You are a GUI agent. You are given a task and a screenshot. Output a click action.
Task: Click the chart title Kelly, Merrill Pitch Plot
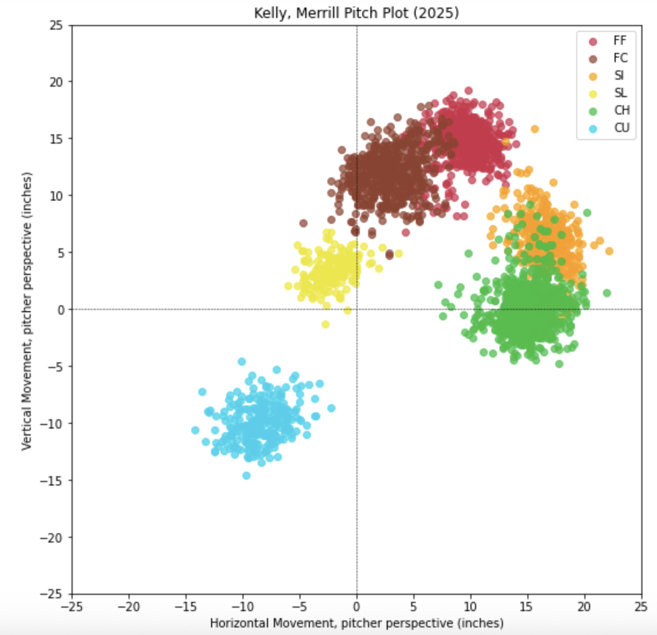coord(356,12)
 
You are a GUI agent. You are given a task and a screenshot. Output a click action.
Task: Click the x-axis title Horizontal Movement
coord(356,623)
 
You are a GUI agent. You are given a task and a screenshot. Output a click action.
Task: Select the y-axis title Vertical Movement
coord(26,310)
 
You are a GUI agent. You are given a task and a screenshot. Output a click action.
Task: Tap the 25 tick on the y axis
coord(57,25)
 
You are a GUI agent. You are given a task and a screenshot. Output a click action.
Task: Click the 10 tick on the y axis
coord(57,196)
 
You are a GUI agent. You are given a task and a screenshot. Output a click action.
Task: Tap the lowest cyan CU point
coord(247,475)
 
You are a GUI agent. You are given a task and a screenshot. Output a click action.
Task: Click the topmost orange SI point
coord(535,129)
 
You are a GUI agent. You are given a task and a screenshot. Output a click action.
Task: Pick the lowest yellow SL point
coord(325,324)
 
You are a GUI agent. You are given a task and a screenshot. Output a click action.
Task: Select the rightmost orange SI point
coord(609,251)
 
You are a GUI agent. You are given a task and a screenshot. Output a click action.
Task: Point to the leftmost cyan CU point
coord(195,430)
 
